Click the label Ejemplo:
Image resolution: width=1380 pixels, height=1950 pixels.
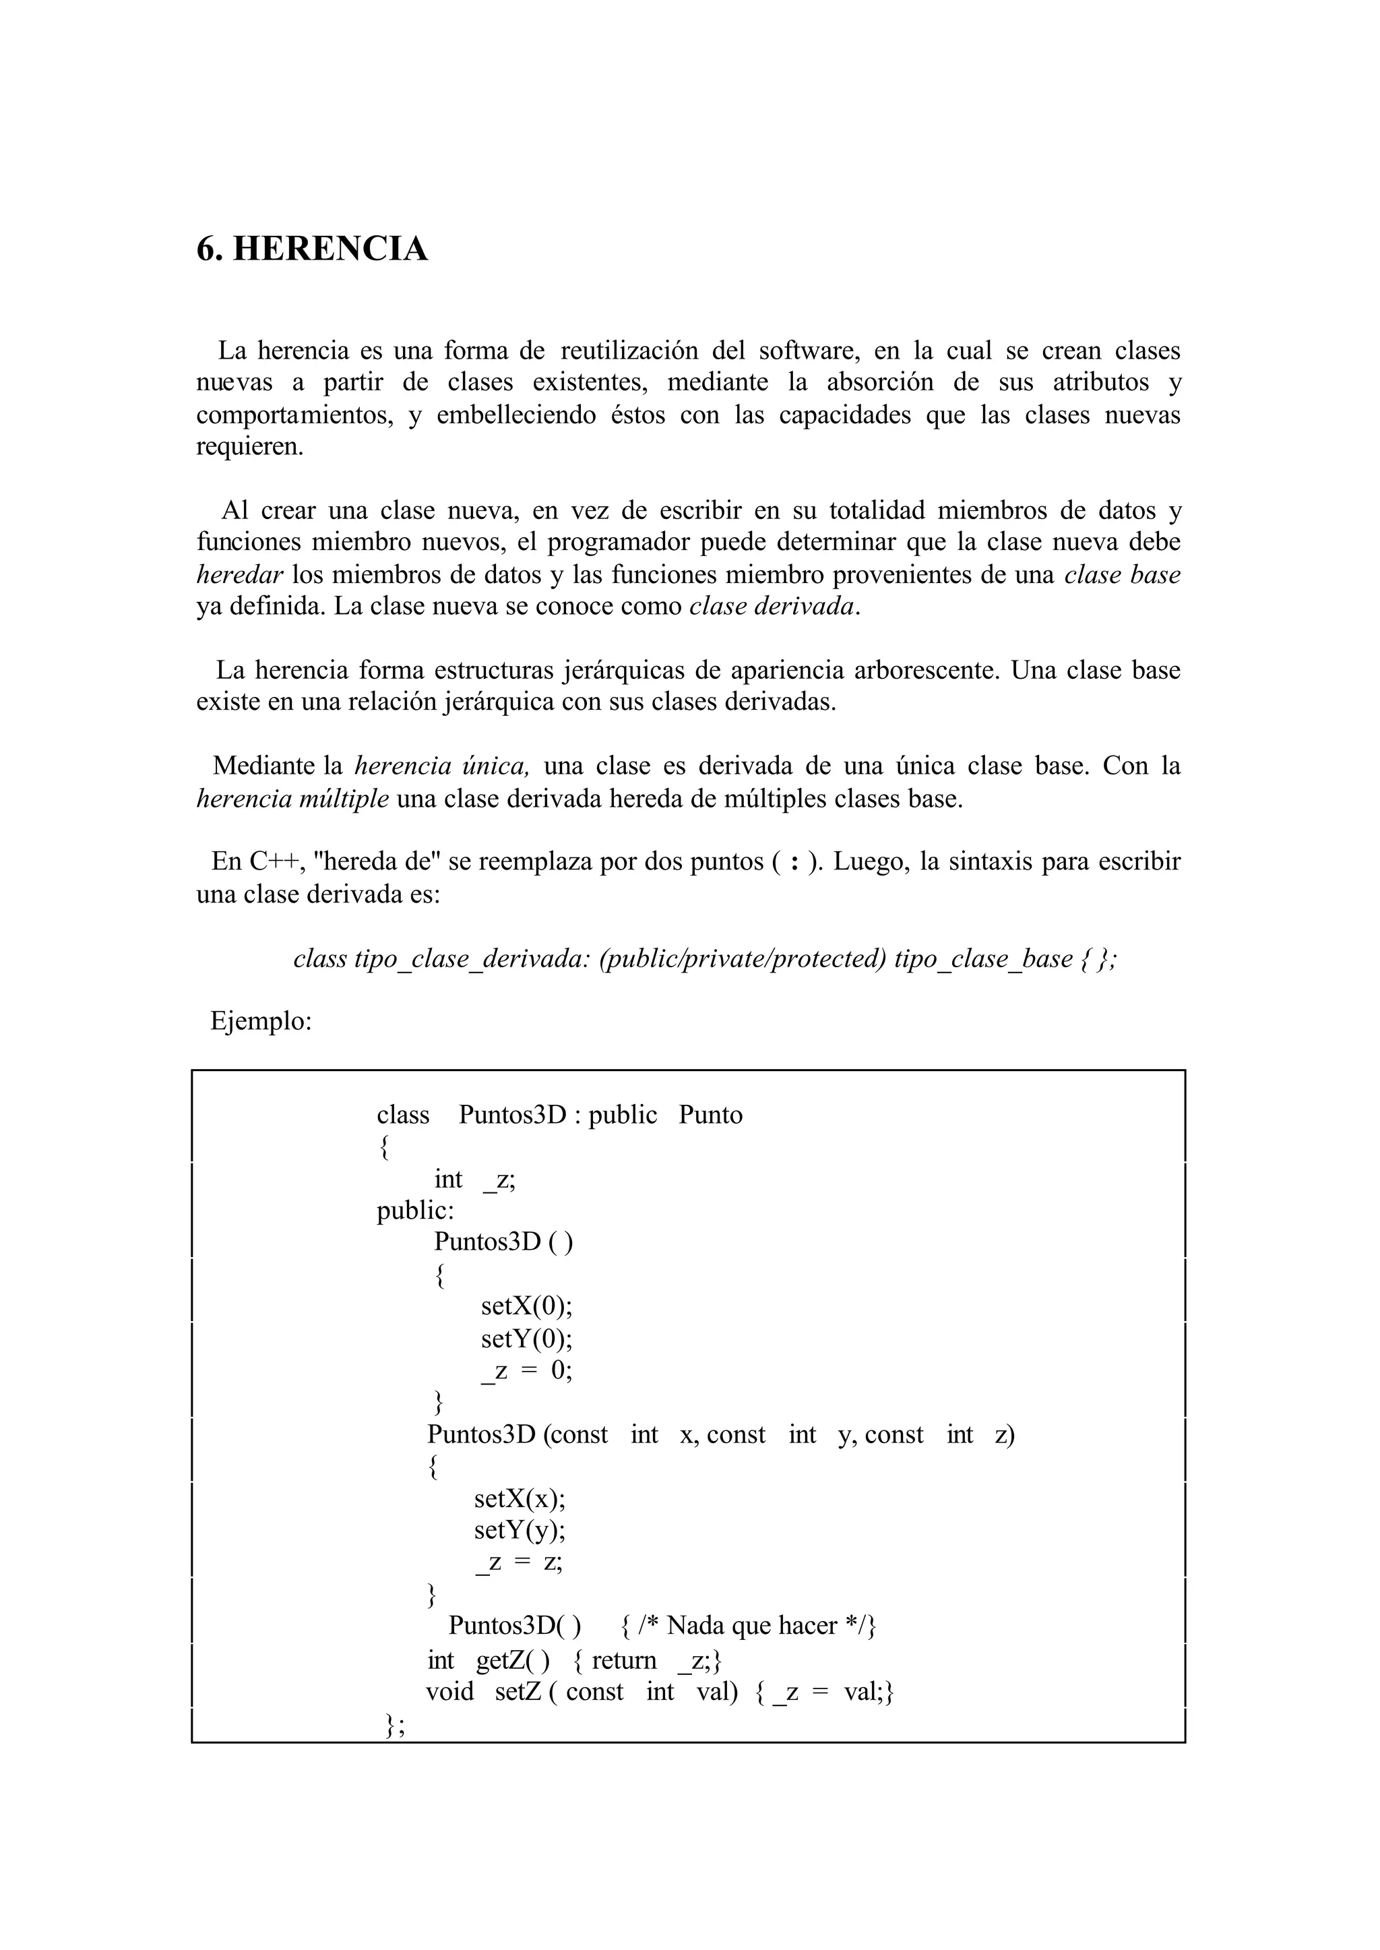pos(261,1022)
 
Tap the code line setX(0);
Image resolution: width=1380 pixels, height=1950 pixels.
pos(526,1306)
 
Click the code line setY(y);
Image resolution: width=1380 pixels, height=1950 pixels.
pos(520,1530)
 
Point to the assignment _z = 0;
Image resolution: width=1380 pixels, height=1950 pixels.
pos(526,1370)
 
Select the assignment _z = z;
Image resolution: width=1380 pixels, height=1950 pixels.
pos(520,1562)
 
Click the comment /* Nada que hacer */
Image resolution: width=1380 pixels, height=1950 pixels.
pos(758,1626)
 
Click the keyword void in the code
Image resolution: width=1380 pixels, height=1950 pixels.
pos(449,1692)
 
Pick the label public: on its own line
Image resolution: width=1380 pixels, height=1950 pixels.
pos(416,1211)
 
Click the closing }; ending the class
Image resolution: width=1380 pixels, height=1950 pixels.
pos(394,1724)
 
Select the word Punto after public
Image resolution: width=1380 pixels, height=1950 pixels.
pos(710,1116)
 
